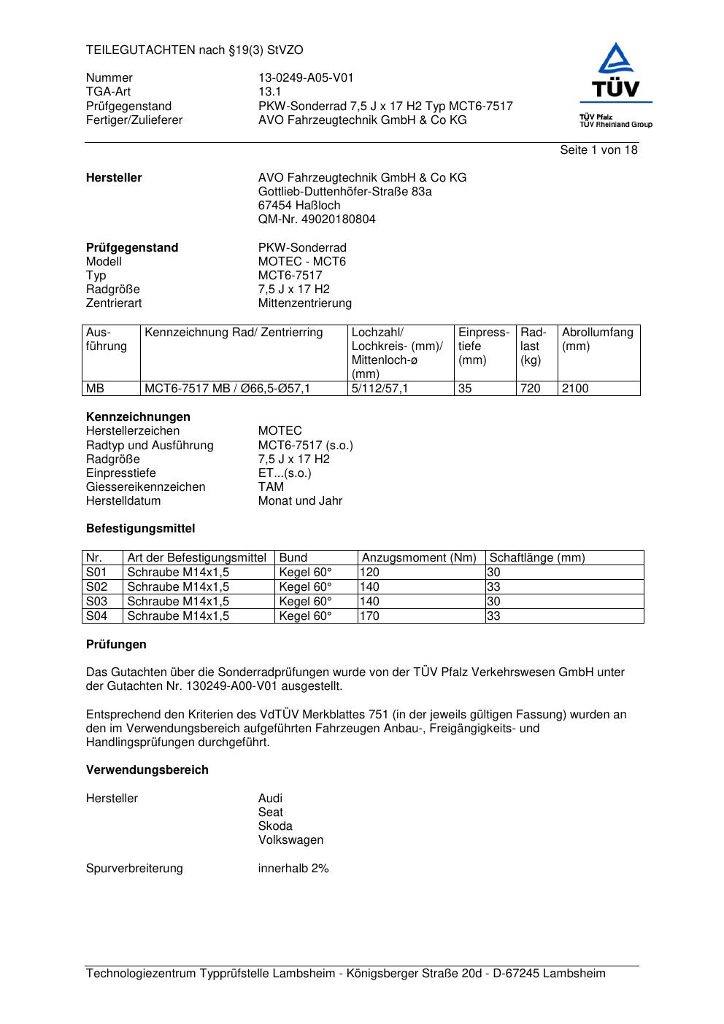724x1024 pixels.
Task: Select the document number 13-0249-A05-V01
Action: pyautogui.click(x=306, y=78)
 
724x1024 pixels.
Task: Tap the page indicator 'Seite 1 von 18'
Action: pyautogui.click(x=598, y=150)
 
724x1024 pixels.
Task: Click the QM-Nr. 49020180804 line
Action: pyautogui.click(x=317, y=220)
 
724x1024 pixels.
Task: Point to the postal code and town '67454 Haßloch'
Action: pyautogui.click(x=299, y=206)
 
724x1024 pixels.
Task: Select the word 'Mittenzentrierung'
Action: pyautogui.click(x=304, y=303)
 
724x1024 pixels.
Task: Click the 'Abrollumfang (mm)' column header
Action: pyautogui.click(x=598, y=339)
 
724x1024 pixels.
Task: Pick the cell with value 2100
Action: pyautogui.click(x=575, y=389)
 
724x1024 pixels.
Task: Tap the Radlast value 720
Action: pyautogui.click(x=530, y=389)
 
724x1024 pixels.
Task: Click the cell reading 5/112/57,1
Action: pyautogui.click(x=380, y=389)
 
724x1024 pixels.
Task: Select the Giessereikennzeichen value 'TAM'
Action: pyautogui.click(x=271, y=487)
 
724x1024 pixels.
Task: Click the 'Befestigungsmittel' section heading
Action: pyautogui.click(x=140, y=529)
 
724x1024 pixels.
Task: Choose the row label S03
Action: pyautogui.click(x=96, y=602)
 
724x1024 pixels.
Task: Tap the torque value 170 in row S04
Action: pyautogui.click(x=369, y=616)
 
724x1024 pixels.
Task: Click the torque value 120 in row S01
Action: pyautogui.click(x=369, y=573)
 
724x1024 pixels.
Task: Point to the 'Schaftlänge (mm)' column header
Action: pyautogui.click(x=537, y=558)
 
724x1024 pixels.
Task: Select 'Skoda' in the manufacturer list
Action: pyautogui.click(x=275, y=826)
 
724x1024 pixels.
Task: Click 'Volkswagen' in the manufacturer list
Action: pyautogui.click(x=290, y=840)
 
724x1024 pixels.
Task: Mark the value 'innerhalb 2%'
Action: pyautogui.click(x=293, y=869)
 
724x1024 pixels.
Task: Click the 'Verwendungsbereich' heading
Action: pyautogui.click(x=147, y=770)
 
